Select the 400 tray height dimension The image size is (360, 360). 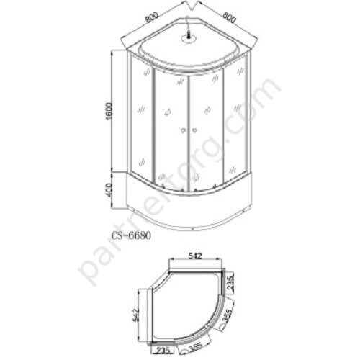[x=109, y=190]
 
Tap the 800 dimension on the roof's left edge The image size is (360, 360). [x=152, y=17]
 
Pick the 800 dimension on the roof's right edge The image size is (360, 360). [x=228, y=17]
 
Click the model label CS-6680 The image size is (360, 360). [x=131, y=235]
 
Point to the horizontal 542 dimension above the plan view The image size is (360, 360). [x=195, y=256]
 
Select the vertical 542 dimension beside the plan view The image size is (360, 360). [x=135, y=315]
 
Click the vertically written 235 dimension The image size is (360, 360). [x=230, y=283]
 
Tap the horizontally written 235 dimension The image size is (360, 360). [x=163, y=350]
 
